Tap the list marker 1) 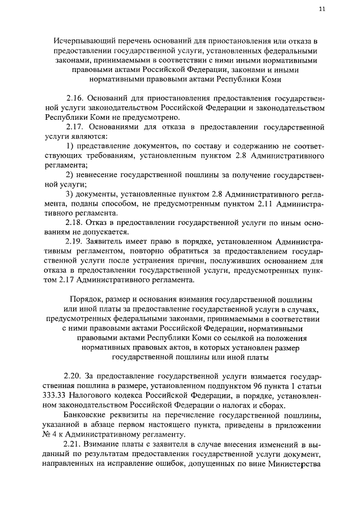coord(70,146)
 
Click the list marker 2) coord(70,175)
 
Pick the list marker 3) coord(70,194)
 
